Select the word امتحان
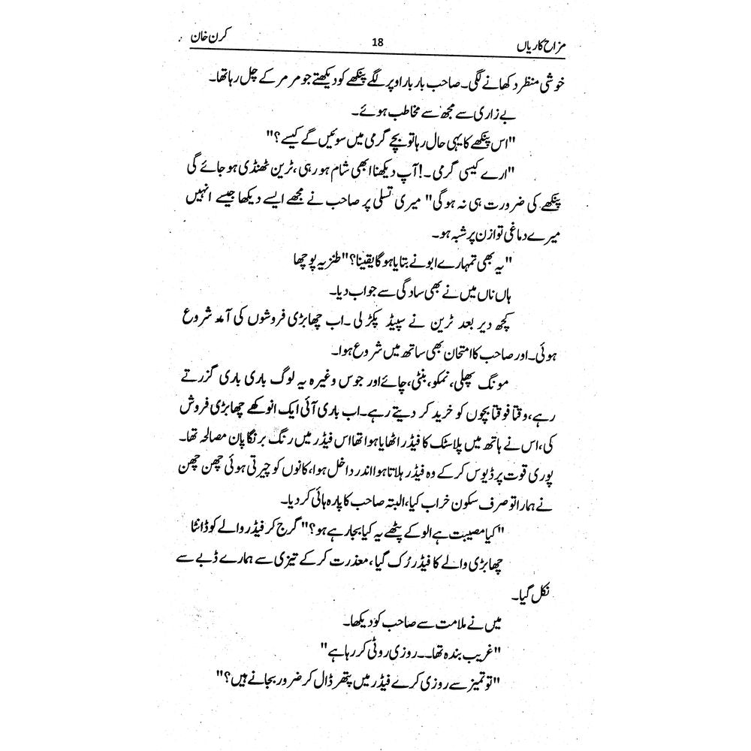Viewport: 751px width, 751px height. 458,349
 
